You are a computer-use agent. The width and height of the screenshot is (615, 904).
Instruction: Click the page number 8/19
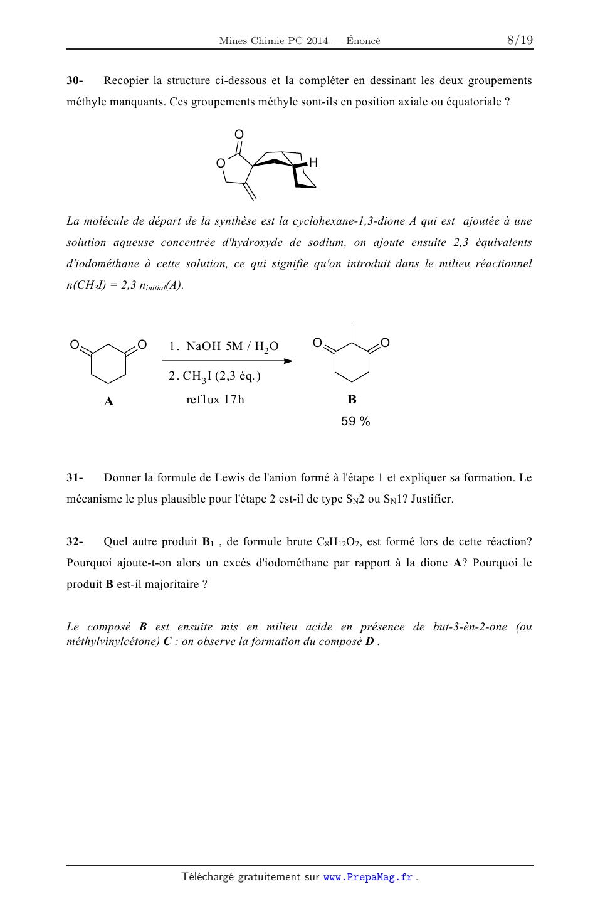click(x=520, y=41)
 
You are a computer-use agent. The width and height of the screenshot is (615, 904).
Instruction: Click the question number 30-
click(x=75, y=80)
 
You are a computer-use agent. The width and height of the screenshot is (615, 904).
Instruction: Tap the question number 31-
click(x=75, y=477)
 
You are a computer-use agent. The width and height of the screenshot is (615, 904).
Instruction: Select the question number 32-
click(x=75, y=541)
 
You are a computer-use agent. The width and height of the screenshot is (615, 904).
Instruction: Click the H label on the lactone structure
click(x=313, y=163)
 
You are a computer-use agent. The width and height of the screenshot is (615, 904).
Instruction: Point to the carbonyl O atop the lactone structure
click(x=239, y=134)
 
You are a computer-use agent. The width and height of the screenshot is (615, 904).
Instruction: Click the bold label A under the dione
click(x=108, y=401)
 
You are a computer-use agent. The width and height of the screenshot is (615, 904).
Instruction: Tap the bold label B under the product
click(x=352, y=400)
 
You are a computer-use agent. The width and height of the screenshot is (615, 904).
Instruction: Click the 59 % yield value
click(x=355, y=422)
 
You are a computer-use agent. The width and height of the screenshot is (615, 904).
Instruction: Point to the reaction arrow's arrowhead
click(x=288, y=361)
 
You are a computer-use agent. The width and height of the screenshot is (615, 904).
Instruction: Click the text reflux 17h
click(x=215, y=400)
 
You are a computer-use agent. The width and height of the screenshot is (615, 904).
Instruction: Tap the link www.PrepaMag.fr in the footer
click(x=368, y=877)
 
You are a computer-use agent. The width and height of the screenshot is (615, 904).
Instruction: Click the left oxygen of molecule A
click(x=75, y=344)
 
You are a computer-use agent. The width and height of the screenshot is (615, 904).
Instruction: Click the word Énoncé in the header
click(x=363, y=41)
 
